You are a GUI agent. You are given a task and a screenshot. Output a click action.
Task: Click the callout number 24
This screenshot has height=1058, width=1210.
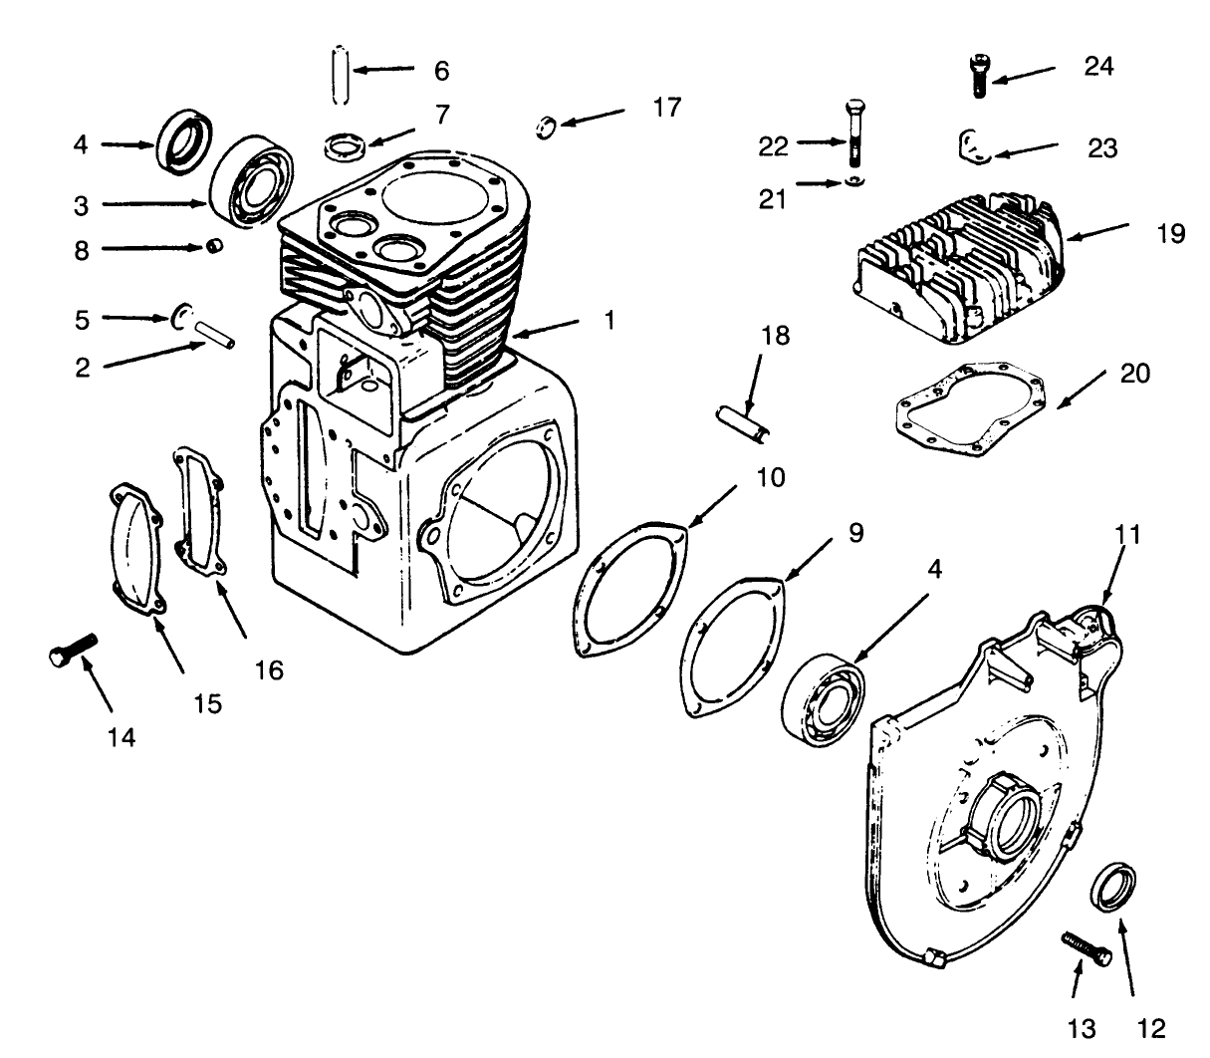pos(1098,67)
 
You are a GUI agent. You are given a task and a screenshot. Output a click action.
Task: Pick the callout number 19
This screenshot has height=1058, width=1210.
pos(1171,234)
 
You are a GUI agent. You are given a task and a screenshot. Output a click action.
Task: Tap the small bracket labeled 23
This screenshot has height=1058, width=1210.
pos(973,144)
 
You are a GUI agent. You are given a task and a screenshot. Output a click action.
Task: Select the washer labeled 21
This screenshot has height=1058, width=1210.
pos(854,182)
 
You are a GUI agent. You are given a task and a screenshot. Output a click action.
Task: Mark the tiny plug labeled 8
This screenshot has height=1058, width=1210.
pos(212,246)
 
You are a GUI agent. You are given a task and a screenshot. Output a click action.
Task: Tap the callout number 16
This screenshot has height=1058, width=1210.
pos(269,669)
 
